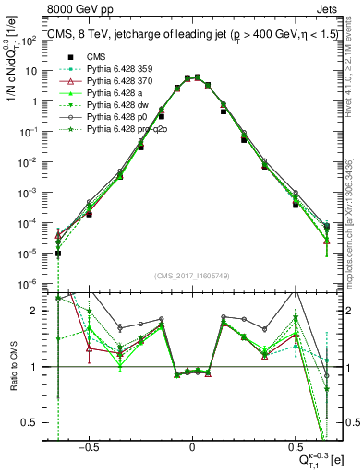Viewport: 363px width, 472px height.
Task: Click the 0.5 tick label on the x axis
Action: coord(295,445)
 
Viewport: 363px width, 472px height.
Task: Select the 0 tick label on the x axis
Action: coord(192,445)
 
